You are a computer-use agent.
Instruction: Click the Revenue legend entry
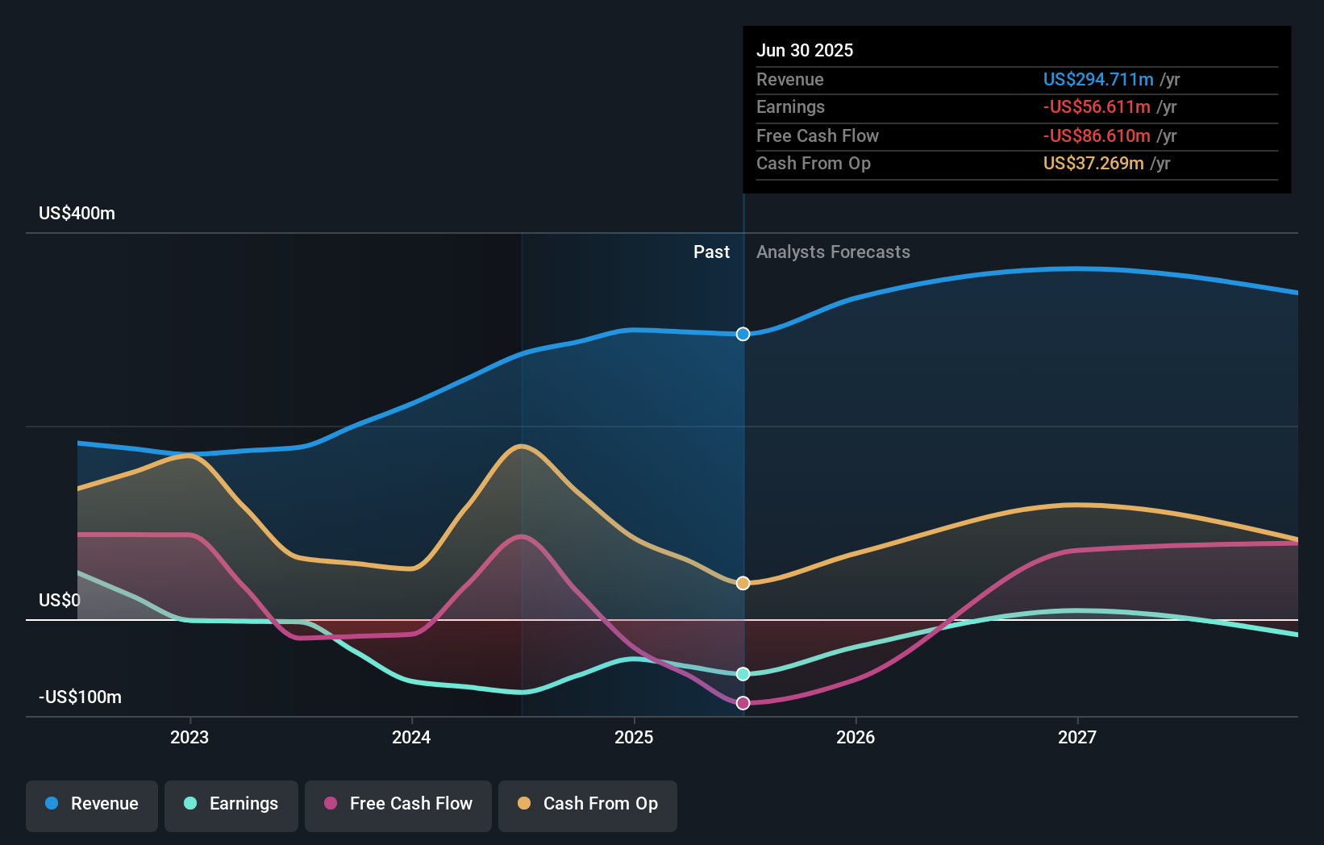tap(92, 804)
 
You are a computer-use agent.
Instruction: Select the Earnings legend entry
tap(231, 804)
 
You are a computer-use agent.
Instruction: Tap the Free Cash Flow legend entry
tap(398, 804)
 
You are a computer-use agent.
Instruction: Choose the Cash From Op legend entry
tap(588, 804)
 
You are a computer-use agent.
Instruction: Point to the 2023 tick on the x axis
tap(189, 737)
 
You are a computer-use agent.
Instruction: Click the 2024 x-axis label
tap(411, 737)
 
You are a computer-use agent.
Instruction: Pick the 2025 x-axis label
tap(634, 737)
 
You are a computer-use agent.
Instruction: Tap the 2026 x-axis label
tap(856, 737)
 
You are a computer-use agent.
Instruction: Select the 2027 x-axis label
tap(1077, 737)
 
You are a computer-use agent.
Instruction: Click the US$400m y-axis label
tap(77, 214)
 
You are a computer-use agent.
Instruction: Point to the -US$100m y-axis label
tap(80, 697)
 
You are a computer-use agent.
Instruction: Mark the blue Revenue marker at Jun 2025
tap(743, 334)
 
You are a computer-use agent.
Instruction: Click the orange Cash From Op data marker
tap(743, 583)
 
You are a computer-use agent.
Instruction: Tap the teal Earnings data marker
tap(743, 674)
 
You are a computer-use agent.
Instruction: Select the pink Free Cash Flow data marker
tap(743, 703)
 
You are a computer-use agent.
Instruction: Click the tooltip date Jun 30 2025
tap(805, 51)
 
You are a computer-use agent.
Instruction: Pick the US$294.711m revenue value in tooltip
tap(1098, 80)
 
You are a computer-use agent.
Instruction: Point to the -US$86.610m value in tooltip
tap(1097, 136)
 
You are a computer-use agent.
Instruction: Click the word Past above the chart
tap(711, 252)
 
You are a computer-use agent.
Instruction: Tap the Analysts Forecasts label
tap(833, 252)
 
